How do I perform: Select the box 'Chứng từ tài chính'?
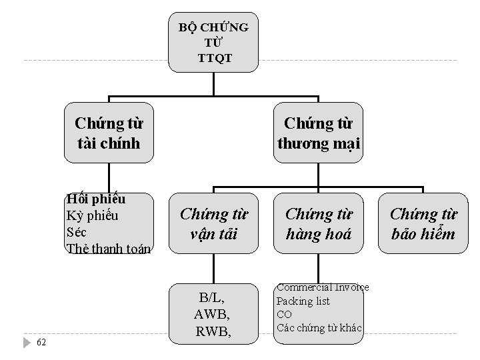[x=109, y=133]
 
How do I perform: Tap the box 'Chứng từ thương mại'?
[x=319, y=133]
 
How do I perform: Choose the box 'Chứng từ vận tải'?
[x=213, y=223]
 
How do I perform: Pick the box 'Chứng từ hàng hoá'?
[x=319, y=223]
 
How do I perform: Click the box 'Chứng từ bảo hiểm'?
[x=423, y=223]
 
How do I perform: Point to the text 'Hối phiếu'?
[x=91, y=199]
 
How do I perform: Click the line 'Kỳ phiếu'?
[x=92, y=215]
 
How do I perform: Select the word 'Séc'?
[x=76, y=232]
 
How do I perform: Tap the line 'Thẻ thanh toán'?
[x=109, y=249]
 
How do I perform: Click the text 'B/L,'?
[x=213, y=297]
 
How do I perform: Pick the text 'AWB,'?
[x=213, y=314]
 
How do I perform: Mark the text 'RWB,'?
[x=213, y=331]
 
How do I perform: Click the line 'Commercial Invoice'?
[x=323, y=287]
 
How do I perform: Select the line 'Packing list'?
[x=303, y=301]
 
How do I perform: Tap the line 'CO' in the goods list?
[x=284, y=314]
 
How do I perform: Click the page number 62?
[x=41, y=343]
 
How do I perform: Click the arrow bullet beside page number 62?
[x=27, y=343]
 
